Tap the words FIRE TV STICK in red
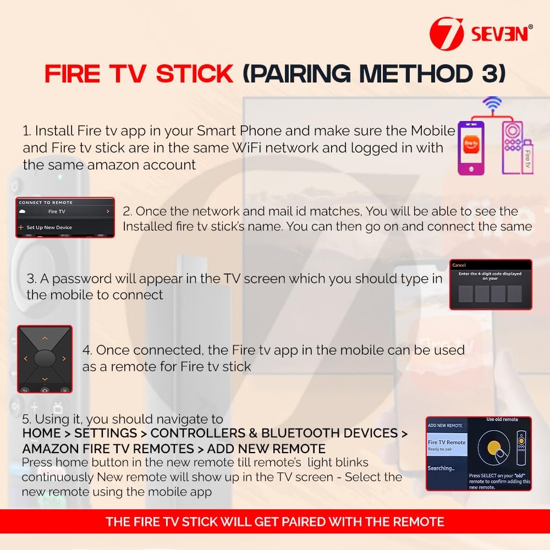139,74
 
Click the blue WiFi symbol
492,103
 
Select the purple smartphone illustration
471,148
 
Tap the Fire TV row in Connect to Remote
64,211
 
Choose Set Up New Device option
48,227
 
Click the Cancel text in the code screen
459,265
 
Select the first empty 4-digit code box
465,294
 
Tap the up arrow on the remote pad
45,338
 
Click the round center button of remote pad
45,359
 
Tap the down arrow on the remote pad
45,379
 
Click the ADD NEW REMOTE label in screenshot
445,425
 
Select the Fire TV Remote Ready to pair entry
447,445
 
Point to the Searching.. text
441,469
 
